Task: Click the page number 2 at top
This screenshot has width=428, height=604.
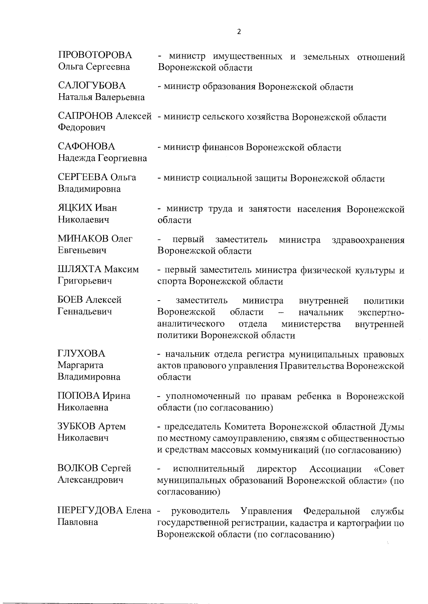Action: pos(239,32)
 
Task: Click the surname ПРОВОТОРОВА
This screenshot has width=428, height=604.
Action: pos(95,55)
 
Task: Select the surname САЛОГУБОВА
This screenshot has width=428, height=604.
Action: pos(92,86)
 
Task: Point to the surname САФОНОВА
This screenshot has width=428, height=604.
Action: pos(87,147)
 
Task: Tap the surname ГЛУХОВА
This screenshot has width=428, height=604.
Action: pos(81,353)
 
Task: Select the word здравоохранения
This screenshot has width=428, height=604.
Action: pos(368,240)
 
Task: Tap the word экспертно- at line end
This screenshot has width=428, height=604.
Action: pos(381,313)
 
